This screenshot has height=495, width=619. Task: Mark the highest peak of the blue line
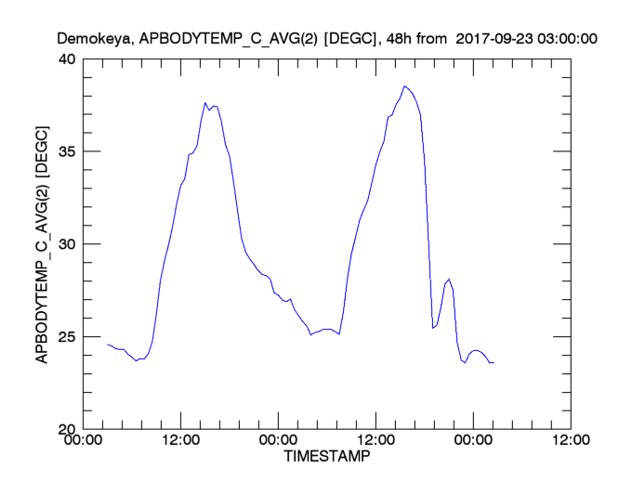point(404,86)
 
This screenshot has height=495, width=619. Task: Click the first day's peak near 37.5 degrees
point(205,103)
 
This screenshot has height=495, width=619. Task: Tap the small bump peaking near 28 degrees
point(450,279)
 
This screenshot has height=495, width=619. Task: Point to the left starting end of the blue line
point(108,345)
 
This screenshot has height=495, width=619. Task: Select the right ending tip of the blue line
point(494,362)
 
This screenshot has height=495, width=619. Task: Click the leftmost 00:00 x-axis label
point(83,441)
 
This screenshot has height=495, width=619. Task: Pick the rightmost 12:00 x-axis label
point(568,441)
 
